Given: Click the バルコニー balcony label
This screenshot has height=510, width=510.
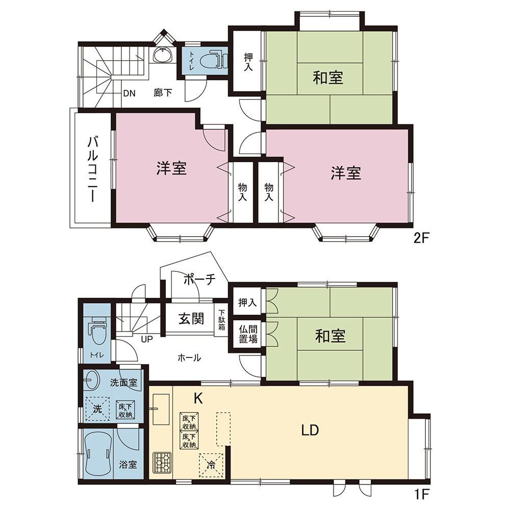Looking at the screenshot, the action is click(x=93, y=169).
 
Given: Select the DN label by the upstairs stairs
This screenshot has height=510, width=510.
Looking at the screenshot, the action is click(x=129, y=93).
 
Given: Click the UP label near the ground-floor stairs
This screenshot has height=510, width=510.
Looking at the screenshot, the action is click(x=147, y=339).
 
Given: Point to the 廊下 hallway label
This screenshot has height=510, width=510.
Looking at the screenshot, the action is click(x=163, y=93).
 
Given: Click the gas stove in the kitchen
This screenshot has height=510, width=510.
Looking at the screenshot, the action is click(x=162, y=463).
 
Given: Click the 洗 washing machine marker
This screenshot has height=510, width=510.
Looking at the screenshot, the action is click(x=97, y=409).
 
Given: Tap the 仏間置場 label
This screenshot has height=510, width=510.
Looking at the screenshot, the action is click(x=248, y=334).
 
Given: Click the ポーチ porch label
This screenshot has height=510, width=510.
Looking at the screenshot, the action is click(x=200, y=279).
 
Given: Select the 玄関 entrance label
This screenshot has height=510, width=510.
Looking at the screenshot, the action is click(x=191, y=318).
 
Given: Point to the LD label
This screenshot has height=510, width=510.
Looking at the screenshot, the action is click(x=310, y=430).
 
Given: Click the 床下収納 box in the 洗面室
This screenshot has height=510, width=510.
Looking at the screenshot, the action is click(x=125, y=410).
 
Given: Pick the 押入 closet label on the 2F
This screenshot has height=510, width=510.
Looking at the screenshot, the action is click(x=248, y=62).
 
